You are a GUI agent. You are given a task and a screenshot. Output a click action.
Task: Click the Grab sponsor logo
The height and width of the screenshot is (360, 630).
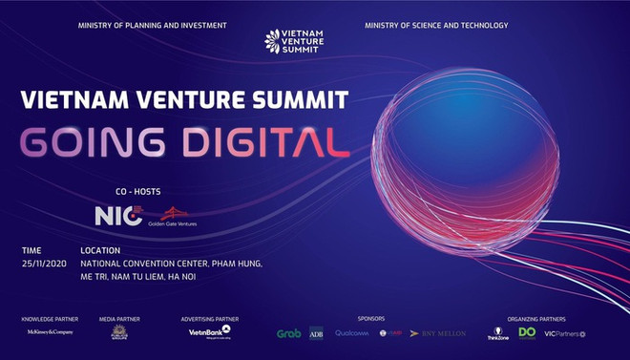288,333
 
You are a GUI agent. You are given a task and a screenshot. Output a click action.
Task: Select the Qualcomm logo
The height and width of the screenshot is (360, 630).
350,333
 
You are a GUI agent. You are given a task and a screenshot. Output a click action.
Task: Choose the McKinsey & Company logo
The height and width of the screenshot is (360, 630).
50,332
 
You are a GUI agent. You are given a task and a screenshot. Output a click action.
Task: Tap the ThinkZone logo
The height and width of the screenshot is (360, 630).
497,332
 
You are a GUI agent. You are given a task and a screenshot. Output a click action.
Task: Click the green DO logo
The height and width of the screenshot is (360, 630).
527,332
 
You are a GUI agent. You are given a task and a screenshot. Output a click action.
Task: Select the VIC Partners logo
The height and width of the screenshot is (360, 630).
565,333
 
